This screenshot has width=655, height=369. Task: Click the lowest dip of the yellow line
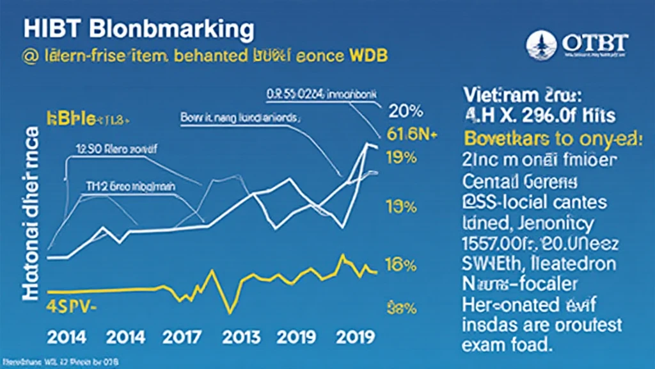click(x=228, y=312)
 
